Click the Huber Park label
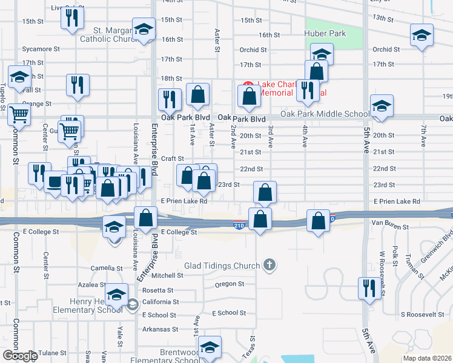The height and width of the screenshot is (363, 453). click(326, 33)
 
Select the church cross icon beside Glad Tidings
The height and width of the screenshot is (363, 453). click(269, 265)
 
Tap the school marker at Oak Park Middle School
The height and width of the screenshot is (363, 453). click(382, 106)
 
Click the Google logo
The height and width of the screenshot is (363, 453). click(19, 356)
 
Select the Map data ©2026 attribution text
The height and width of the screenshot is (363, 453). click(427, 358)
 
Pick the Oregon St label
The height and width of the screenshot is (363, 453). click(228, 284)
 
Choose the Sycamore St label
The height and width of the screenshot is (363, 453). click(41, 48)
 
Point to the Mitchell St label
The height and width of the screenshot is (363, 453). click(162, 275)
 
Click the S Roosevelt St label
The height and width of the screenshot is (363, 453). click(422, 315)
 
